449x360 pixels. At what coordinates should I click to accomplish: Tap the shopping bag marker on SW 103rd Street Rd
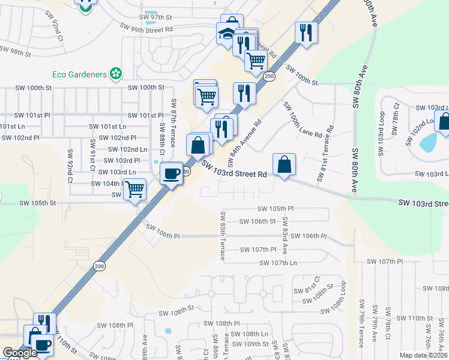click(284, 164)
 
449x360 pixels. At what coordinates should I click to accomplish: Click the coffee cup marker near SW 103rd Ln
click(171, 173)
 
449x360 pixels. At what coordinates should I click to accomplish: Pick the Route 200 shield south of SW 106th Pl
click(98, 266)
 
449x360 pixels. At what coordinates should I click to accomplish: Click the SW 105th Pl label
click(276, 209)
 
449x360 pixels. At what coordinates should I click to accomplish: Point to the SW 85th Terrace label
click(223, 236)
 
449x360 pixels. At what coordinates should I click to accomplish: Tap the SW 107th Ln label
click(278, 263)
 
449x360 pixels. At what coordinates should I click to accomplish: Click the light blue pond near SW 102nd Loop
click(429, 142)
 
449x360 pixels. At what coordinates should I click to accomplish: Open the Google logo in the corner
click(20, 353)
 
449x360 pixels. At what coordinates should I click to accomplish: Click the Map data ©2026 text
click(423, 355)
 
